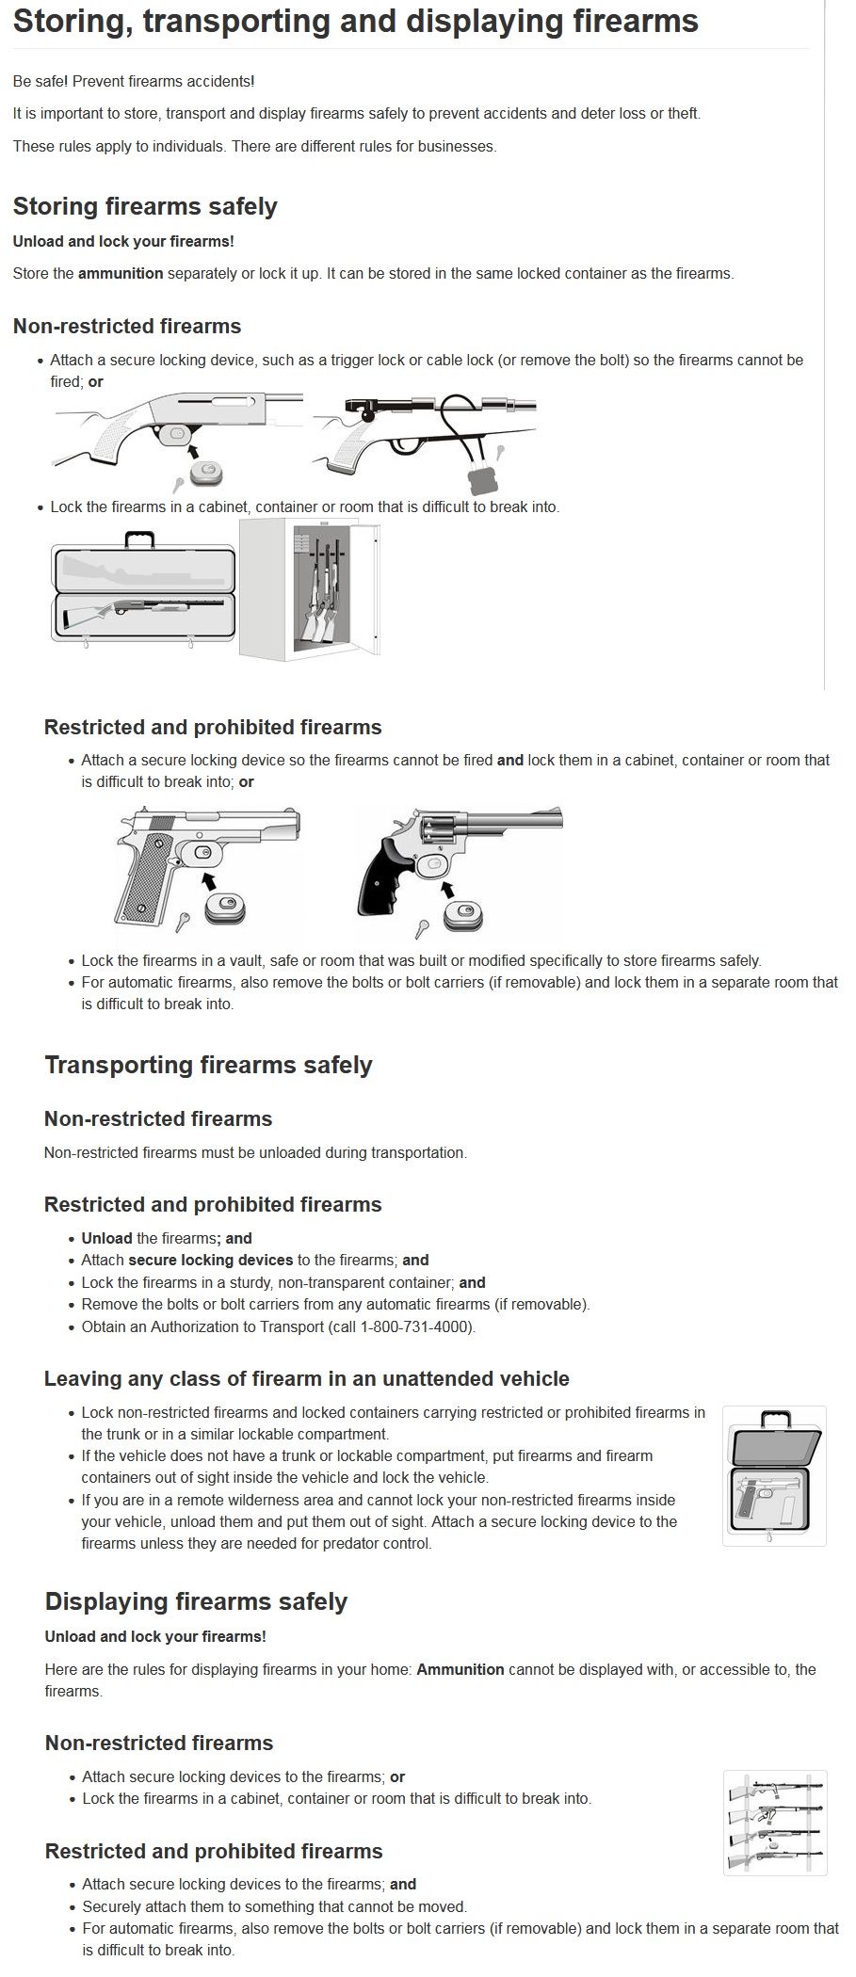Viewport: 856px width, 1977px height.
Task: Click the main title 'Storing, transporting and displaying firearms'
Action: [355, 22]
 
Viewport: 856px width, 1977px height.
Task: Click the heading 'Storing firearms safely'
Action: [145, 206]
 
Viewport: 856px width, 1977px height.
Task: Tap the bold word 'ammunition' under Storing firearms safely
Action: [121, 274]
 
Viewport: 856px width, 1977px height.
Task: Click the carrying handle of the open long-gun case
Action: [138, 539]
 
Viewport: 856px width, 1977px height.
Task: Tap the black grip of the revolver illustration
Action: [392, 880]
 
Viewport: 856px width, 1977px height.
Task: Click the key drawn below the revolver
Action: [423, 926]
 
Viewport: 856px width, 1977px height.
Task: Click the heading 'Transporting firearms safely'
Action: [208, 1065]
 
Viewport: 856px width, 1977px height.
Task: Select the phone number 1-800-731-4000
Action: [415, 1326]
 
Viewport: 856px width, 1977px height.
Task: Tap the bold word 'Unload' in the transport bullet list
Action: [106, 1238]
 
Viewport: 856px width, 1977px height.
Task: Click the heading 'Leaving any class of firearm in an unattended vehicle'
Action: [306, 1378]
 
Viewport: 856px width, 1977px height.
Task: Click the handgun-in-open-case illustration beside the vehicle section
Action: [773, 1476]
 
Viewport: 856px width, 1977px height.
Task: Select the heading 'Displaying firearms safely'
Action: [196, 1601]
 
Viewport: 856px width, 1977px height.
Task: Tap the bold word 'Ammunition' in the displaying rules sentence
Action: [460, 1669]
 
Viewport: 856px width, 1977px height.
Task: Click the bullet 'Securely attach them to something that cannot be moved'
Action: [274, 1906]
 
